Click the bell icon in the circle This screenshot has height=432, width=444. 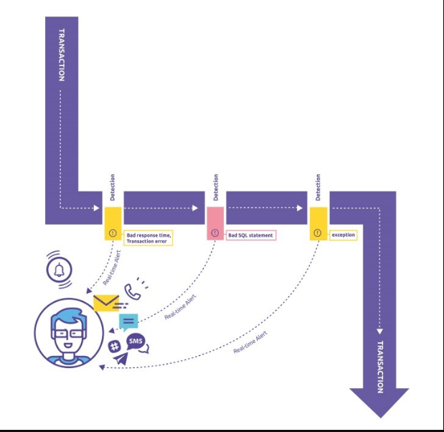pyautogui.click(x=59, y=271)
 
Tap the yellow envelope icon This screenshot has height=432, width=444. pyautogui.click(x=106, y=302)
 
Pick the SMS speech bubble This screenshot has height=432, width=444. pyautogui.click(x=136, y=340)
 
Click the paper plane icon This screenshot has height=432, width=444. pyautogui.click(x=118, y=358)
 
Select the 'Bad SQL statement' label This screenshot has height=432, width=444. pyautogui.click(x=251, y=235)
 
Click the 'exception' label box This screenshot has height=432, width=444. pyautogui.click(x=343, y=235)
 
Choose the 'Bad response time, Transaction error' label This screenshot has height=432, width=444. pyautogui.click(x=149, y=238)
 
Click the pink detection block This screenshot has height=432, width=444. pyautogui.click(x=215, y=223)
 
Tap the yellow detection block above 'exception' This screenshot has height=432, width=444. pyautogui.click(x=318, y=223)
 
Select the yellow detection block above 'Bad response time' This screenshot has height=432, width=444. pyautogui.click(x=113, y=223)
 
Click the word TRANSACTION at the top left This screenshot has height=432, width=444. pyautogui.click(x=62, y=55)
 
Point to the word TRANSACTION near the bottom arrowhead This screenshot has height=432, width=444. pyautogui.click(x=379, y=366)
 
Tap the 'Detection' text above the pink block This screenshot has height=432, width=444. pyautogui.click(x=215, y=187)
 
